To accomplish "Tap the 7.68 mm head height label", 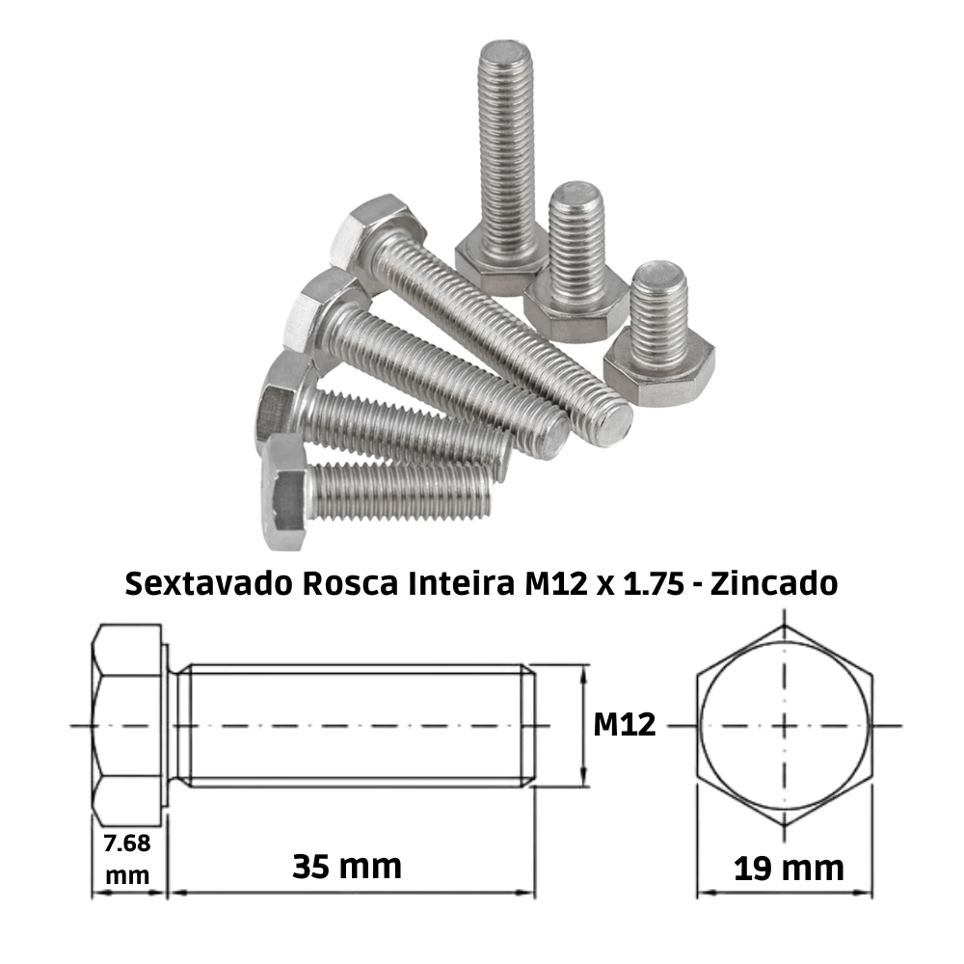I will (127, 859).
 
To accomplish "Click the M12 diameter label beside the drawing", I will (624, 724).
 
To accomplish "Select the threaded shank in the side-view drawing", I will (357, 724).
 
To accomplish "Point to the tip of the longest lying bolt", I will (610, 424).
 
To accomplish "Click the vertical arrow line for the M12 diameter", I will (583, 725).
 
